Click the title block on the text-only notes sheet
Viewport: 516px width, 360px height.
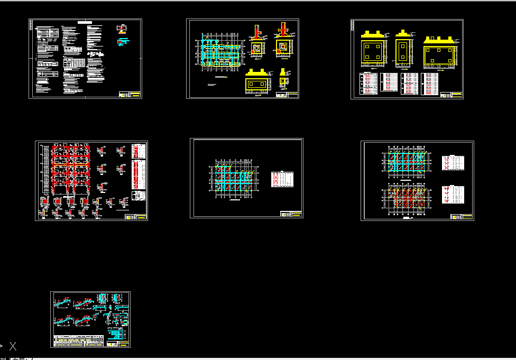(130, 95)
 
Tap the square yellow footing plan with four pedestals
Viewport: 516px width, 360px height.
(373, 52)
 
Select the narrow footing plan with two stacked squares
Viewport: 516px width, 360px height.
(403, 52)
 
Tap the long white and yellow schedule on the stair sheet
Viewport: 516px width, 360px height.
(79, 340)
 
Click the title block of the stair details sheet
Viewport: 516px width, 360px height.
(118, 344)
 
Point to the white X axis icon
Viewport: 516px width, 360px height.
(13, 347)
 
